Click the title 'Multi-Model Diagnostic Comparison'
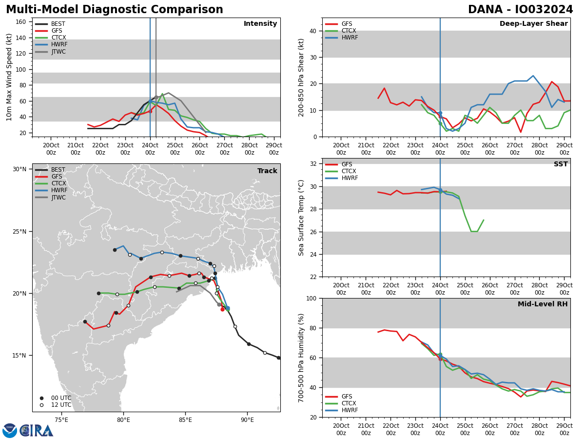pos(114,10)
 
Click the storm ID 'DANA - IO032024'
pos(520,10)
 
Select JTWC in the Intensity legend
pos(58,52)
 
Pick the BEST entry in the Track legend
pos(58,170)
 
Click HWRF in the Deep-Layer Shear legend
pos(349,38)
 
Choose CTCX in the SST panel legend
pos(349,171)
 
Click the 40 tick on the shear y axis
pos(312,31)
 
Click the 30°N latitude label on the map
pos(19,169)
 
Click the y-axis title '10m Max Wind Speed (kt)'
pos(9,77)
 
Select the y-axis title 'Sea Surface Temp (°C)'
pos(301,218)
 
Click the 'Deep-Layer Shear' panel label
pos(533,24)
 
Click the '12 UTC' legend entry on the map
pos(61,405)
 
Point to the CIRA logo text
pos(37,430)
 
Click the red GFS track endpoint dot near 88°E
pos(222,309)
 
